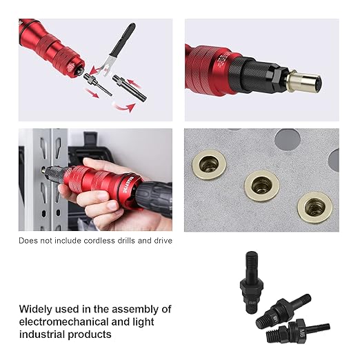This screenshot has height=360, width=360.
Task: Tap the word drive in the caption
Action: [161, 241]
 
